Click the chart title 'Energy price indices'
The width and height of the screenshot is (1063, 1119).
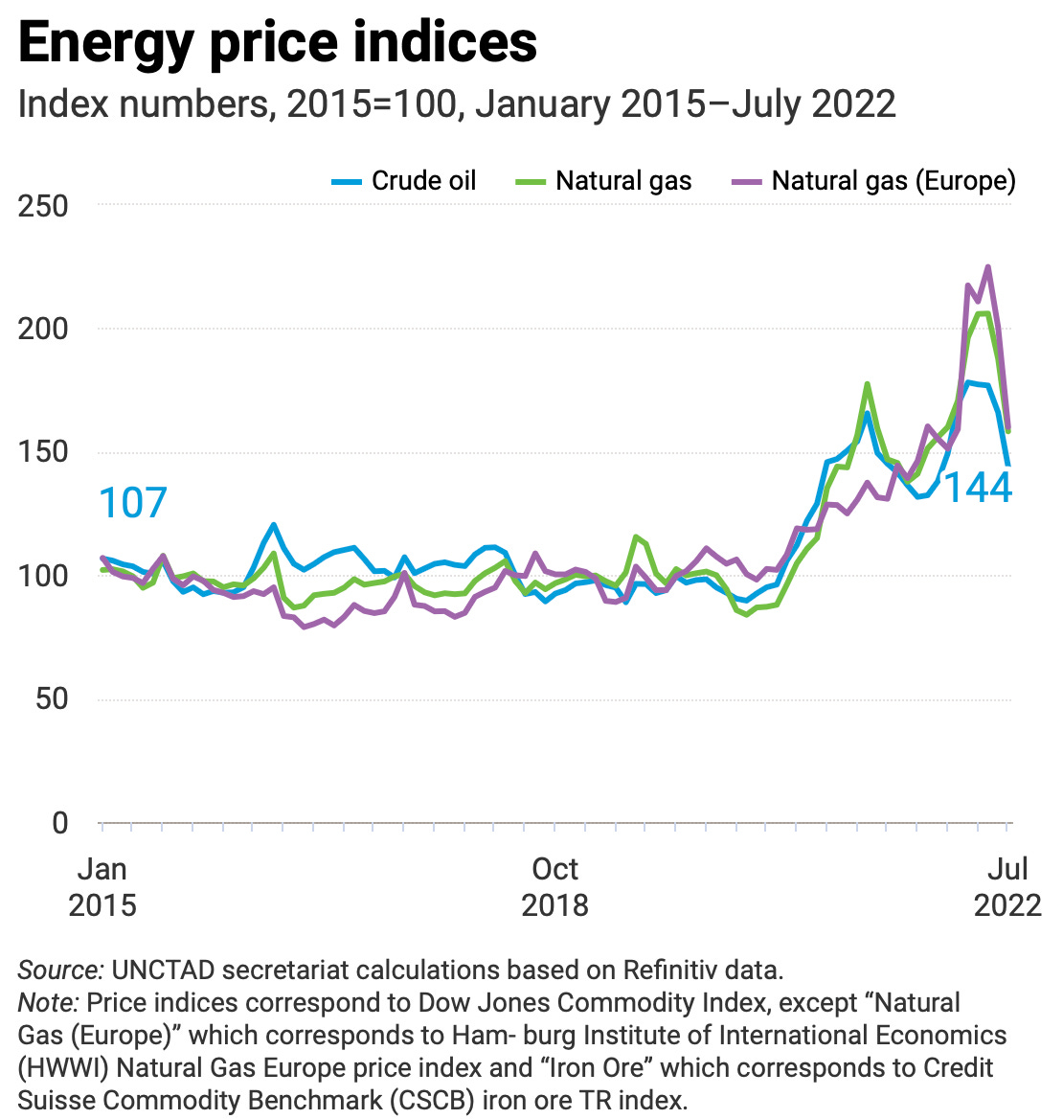click(x=278, y=43)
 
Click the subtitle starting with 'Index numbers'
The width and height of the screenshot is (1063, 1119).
click(x=457, y=103)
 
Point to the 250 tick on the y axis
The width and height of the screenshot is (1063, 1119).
click(x=44, y=205)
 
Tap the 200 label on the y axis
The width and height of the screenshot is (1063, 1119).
click(x=44, y=329)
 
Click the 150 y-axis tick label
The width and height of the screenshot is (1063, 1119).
click(x=44, y=452)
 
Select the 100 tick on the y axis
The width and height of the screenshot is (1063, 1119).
click(x=44, y=576)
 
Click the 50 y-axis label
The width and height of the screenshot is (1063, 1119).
click(x=53, y=699)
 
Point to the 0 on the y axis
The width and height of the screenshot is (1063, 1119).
click(x=60, y=823)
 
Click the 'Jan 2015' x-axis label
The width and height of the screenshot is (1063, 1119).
click(x=102, y=886)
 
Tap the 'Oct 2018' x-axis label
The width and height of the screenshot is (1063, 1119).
click(x=554, y=886)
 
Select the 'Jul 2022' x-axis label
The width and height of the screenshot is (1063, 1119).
click(x=1007, y=886)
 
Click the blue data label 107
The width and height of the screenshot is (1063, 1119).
click(x=134, y=503)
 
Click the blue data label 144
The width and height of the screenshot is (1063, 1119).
click(x=978, y=488)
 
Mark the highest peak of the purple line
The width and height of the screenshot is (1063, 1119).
click(x=987, y=267)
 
